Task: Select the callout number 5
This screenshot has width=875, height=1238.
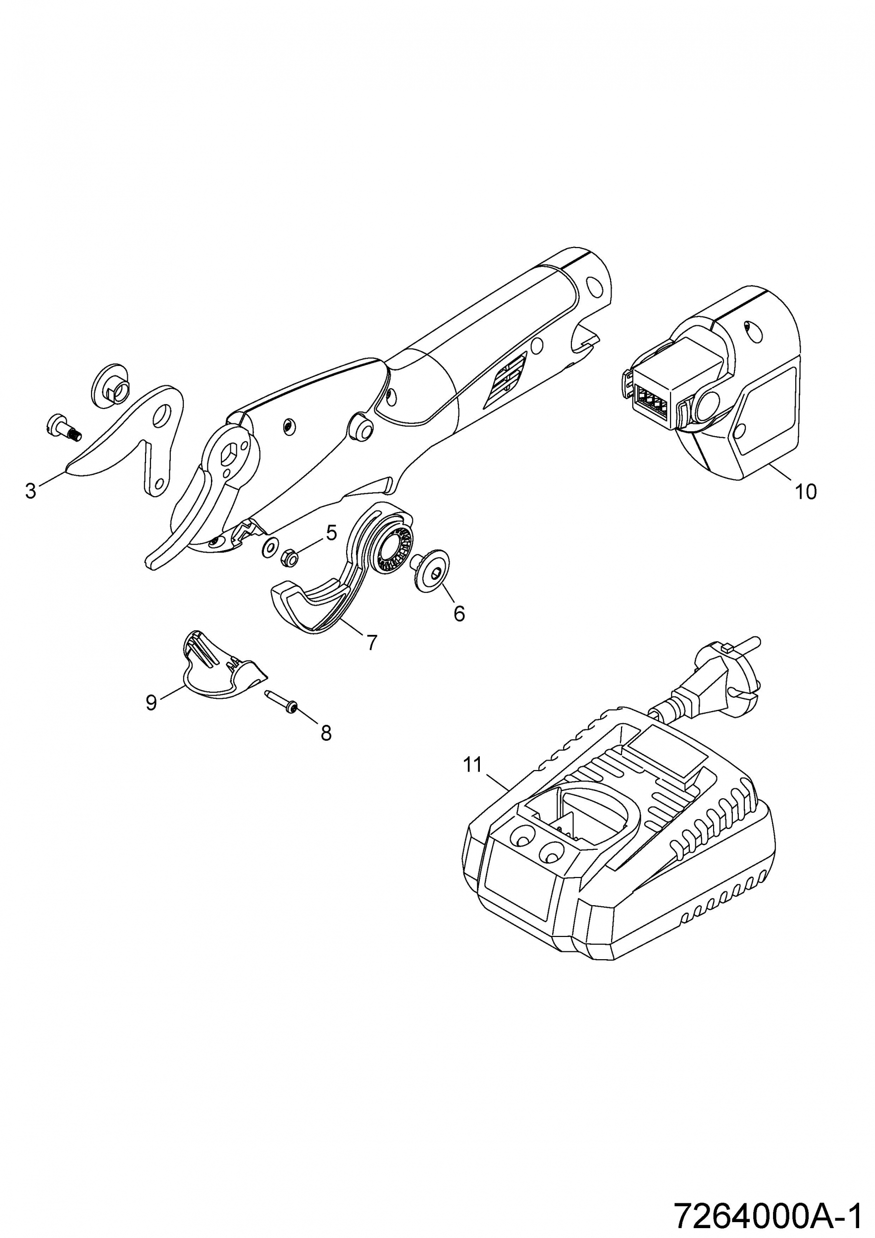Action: (331, 533)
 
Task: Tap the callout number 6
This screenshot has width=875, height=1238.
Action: (459, 613)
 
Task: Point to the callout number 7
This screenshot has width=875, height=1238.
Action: (371, 642)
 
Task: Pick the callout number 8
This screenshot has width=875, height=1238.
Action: (326, 733)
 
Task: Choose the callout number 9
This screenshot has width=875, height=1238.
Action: (151, 703)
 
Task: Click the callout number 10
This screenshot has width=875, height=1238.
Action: (806, 491)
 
